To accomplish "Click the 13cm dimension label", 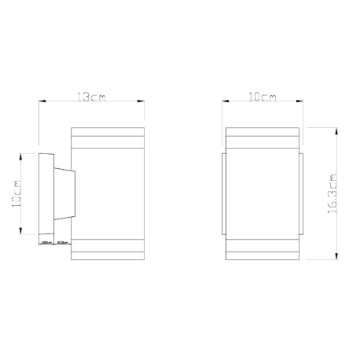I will [88, 97].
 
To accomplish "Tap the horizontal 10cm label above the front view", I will [261, 97].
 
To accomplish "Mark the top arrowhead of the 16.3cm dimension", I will [337, 126].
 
